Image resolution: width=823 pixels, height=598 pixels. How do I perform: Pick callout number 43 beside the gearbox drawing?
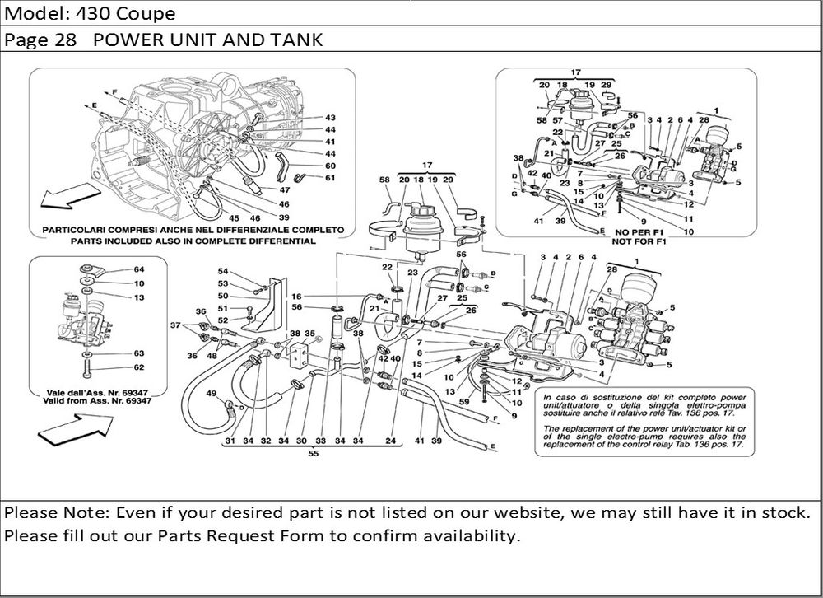point(330,118)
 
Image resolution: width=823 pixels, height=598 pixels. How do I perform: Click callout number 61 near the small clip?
point(330,178)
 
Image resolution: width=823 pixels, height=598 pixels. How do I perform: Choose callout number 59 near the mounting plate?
point(463,401)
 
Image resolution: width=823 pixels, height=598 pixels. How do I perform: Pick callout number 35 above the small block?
point(309,334)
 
